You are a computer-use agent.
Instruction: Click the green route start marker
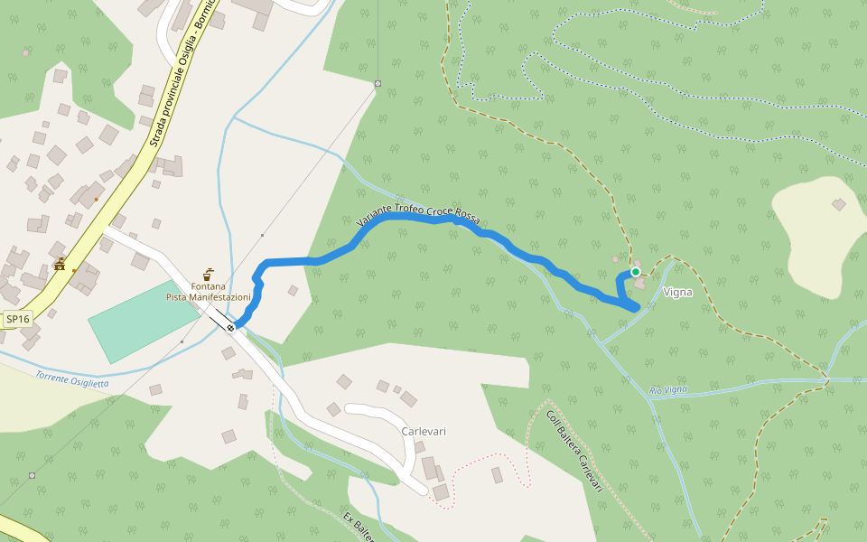636,272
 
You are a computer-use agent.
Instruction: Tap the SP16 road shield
16,319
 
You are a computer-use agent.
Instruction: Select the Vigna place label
677,292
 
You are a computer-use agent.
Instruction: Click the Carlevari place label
424,431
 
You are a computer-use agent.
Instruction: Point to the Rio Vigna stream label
668,390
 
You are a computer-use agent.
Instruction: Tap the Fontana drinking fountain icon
208,273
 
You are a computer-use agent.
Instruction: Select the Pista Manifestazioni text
209,297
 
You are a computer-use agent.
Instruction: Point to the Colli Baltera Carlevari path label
573,451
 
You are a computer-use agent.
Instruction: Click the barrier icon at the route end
231,328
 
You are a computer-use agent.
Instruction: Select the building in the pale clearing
839,205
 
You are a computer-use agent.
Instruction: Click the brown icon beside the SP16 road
61,264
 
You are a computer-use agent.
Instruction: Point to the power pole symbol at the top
378,84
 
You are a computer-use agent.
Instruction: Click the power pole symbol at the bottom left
33,475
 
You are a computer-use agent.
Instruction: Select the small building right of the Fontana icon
293,291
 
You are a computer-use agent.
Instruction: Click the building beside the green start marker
640,283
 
